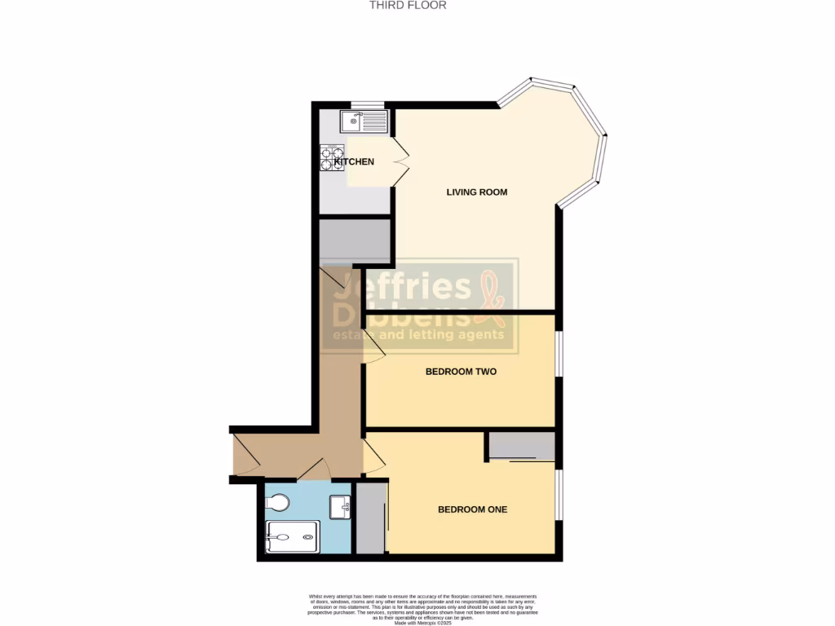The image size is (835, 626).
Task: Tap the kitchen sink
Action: (x=364, y=123)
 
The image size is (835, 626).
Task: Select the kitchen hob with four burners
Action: (x=332, y=157)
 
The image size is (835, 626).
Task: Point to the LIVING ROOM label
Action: (x=477, y=192)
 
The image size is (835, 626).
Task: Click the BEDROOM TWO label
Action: (x=461, y=372)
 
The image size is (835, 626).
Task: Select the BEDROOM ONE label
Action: (x=473, y=509)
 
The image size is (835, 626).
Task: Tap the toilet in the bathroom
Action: (x=278, y=502)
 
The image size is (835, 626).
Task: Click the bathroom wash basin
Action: (x=340, y=507)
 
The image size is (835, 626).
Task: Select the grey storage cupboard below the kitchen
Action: (x=355, y=240)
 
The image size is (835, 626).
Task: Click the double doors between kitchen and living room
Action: (x=400, y=161)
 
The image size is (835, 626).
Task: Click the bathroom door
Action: (x=314, y=469)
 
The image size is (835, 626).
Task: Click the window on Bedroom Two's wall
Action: (x=559, y=354)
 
